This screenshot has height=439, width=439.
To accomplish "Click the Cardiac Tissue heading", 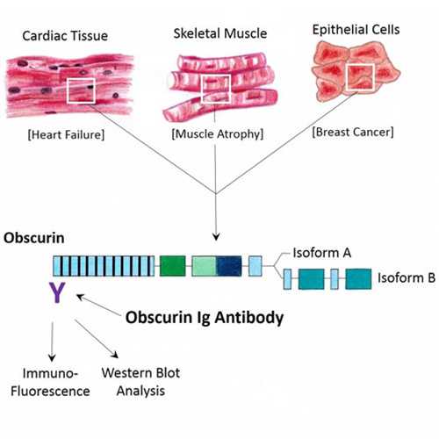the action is [65, 36].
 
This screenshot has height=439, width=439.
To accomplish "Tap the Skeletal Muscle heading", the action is [220, 33].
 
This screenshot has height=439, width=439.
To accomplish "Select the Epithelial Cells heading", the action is [356, 30].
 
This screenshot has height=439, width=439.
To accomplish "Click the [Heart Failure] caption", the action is [66, 135].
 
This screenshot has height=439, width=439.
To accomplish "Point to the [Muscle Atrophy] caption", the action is [218, 134].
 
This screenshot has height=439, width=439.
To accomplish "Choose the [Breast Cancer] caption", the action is [353, 132].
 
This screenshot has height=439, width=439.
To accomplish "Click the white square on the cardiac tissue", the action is [67, 90].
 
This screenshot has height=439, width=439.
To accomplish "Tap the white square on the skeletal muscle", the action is [202, 89].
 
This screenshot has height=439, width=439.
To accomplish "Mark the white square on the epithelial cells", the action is [346, 77].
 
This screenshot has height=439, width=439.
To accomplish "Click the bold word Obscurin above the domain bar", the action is [34, 238].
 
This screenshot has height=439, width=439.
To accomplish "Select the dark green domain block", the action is [173, 266].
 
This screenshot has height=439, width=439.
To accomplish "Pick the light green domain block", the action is [205, 266].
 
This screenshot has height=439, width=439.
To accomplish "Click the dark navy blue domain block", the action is [229, 266].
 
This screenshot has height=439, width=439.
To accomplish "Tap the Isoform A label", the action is [322, 253].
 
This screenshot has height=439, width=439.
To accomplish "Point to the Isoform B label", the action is [407, 277].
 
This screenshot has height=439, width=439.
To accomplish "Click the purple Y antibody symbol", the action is [57, 293].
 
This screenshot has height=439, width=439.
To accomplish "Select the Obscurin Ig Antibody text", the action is [205, 318].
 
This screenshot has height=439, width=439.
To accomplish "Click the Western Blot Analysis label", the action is [140, 382].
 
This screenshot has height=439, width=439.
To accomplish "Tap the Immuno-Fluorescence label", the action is [50, 382].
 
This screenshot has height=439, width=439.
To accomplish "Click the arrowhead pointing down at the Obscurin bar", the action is [216, 236].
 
